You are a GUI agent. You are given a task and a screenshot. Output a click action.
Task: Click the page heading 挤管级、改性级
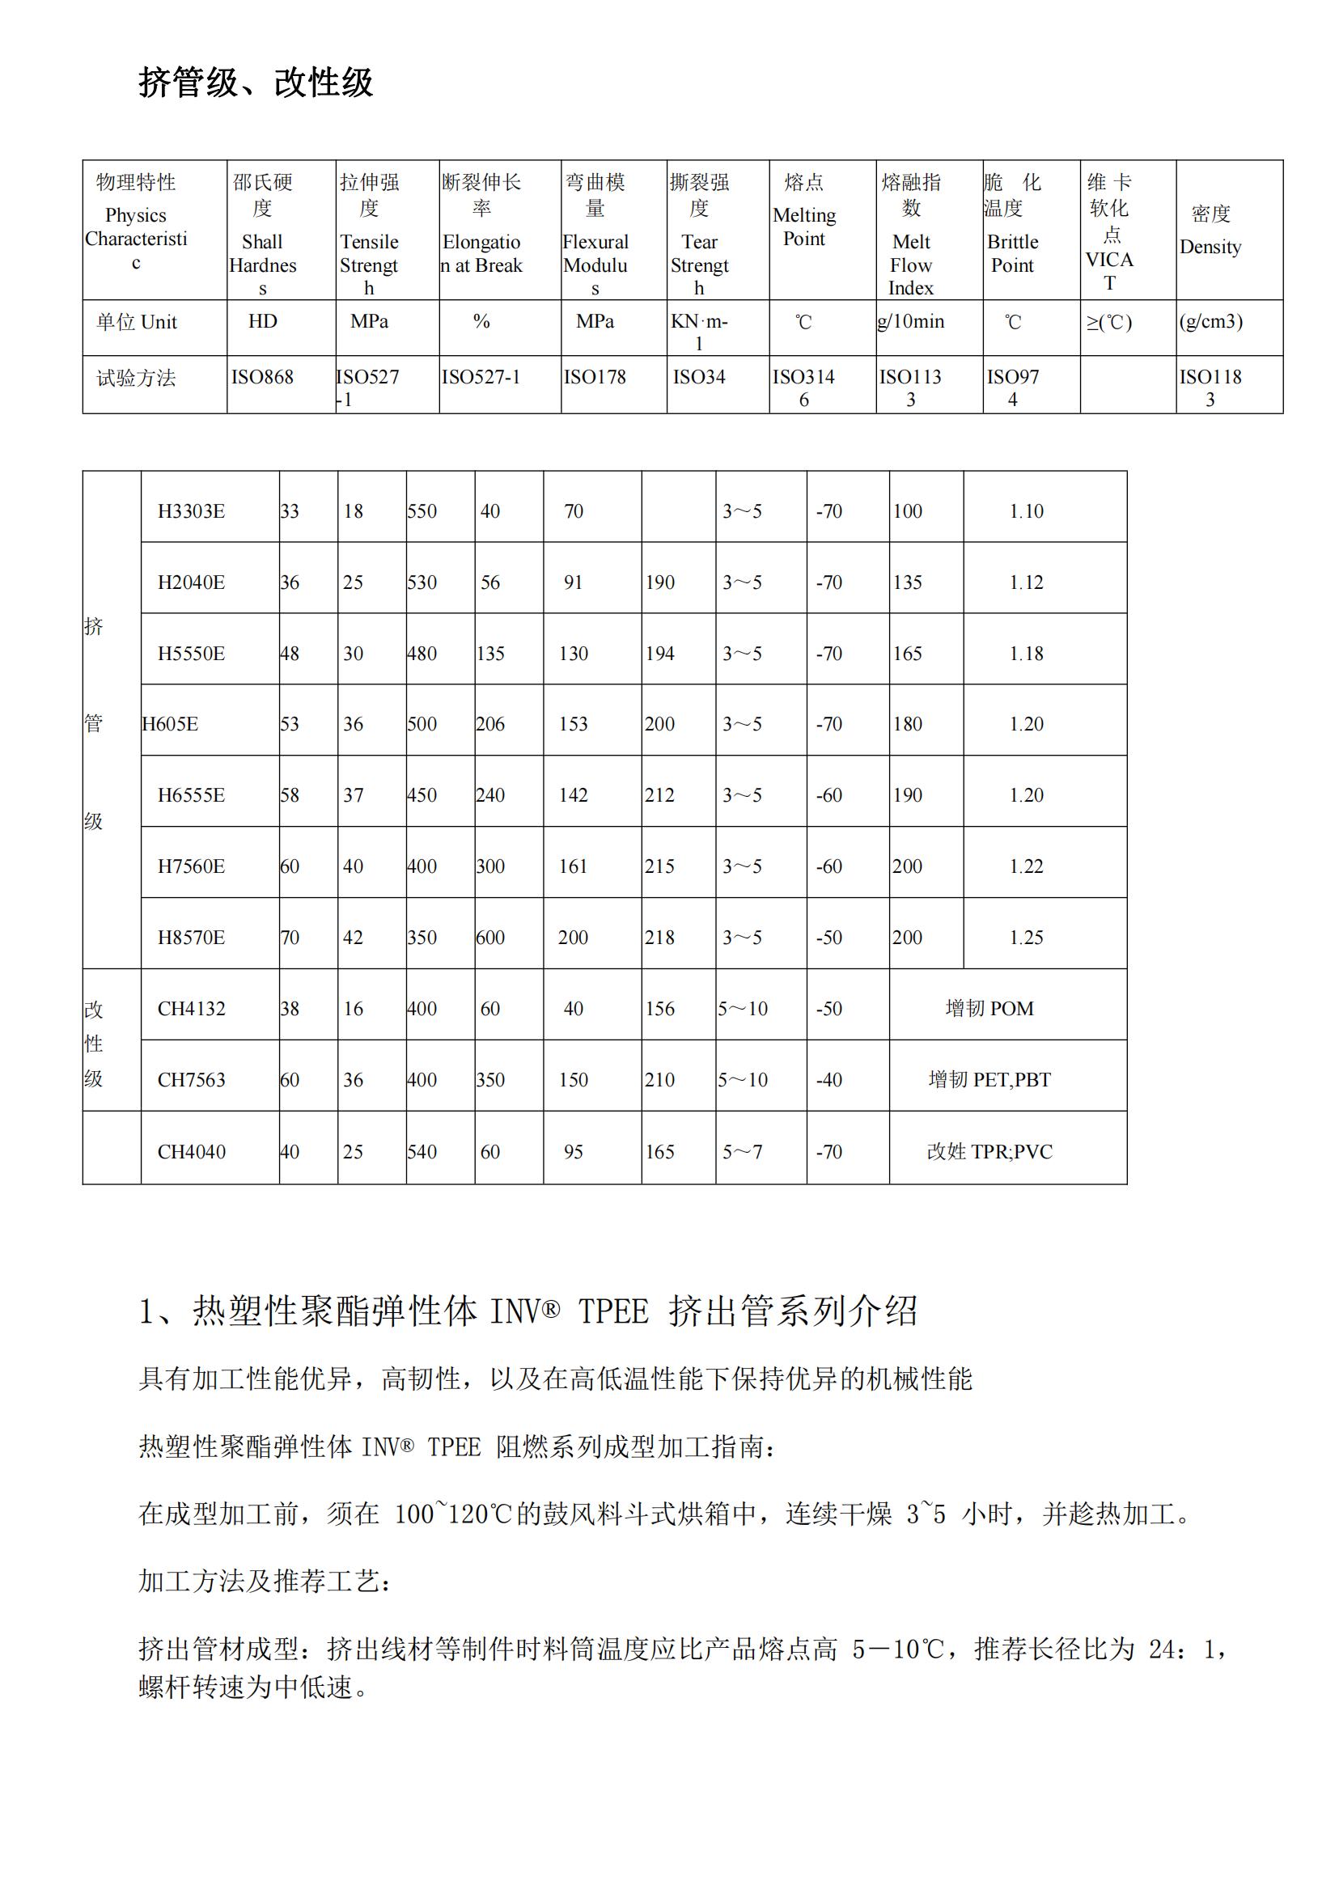click(x=256, y=83)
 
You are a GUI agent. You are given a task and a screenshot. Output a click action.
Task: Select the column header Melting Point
click(x=804, y=226)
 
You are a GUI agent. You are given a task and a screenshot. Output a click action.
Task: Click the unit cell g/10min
click(x=911, y=321)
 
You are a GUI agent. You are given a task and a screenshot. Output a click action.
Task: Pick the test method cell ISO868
click(x=262, y=377)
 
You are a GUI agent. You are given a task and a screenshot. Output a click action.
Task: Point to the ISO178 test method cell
click(x=595, y=377)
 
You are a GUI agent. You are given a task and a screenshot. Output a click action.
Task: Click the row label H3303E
click(x=191, y=511)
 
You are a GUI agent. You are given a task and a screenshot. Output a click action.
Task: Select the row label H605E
click(x=170, y=724)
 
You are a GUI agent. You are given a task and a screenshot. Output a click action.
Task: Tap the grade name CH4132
click(x=191, y=1008)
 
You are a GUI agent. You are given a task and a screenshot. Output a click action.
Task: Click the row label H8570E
click(x=191, y=938)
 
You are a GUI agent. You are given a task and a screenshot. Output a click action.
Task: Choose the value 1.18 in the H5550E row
click(x=1027, y=654)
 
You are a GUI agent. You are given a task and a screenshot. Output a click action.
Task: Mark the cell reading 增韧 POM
click(x=989, y=1008)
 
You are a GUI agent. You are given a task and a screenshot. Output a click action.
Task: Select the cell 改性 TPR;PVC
click(x=989, y=1152)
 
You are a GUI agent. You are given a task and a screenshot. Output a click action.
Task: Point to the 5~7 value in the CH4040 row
click(x=742, y=1152)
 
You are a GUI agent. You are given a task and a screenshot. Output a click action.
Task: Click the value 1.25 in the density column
click(x=1027, y=938)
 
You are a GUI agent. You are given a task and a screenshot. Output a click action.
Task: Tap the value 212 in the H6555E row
click(x=659, y=795)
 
